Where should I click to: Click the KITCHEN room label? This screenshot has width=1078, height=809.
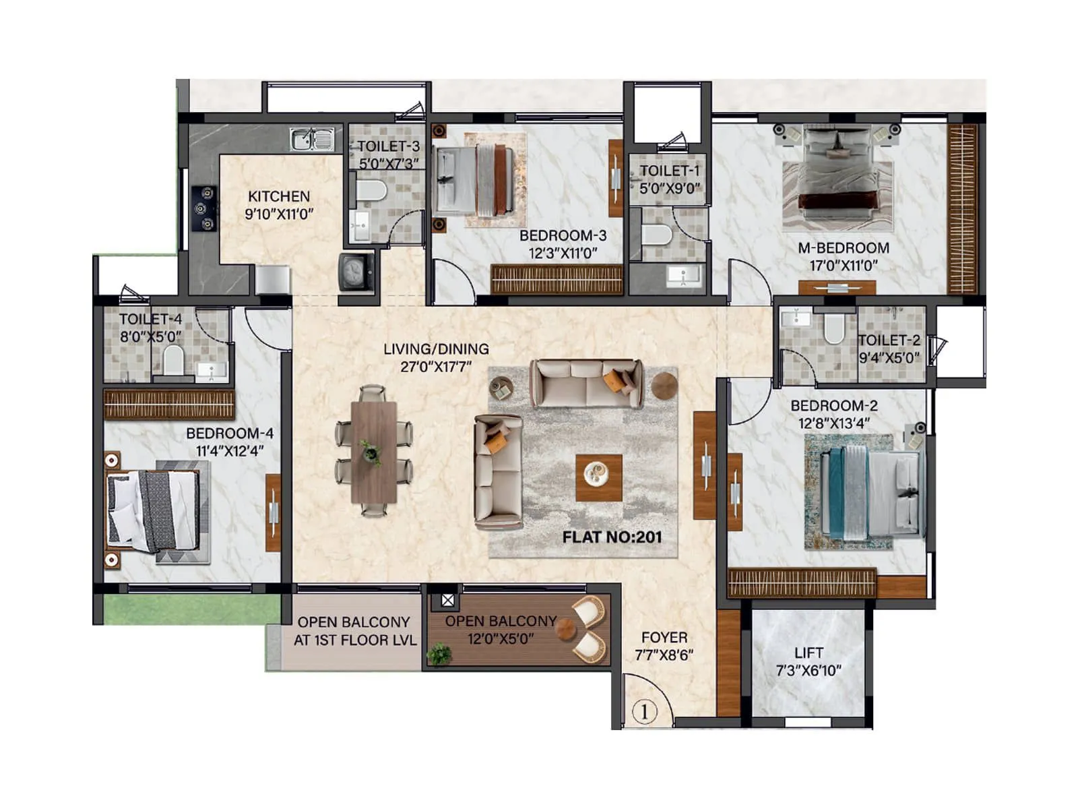point(278,196)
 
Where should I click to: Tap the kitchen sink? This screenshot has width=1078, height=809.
point(313,140)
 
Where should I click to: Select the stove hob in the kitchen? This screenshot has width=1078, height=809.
point(204,209)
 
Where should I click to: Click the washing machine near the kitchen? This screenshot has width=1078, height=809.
point(356,272)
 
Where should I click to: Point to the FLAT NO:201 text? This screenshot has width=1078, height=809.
point(612,537)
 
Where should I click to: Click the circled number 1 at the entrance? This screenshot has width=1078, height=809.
point(645,711)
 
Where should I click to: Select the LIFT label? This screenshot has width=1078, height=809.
point(808,653)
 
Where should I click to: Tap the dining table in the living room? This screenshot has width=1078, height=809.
point(374,452)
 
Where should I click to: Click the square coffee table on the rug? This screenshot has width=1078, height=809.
point(598,477)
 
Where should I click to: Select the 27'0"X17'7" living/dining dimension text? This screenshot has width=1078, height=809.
point(436,367)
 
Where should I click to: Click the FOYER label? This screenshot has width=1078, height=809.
point(664,637)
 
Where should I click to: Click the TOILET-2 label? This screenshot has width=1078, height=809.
point(889,340)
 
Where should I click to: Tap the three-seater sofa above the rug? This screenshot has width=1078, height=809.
point(586,383)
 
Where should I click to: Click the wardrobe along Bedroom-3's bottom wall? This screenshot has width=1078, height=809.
point(557,279)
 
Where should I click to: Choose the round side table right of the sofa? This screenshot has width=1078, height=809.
point(664,385)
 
